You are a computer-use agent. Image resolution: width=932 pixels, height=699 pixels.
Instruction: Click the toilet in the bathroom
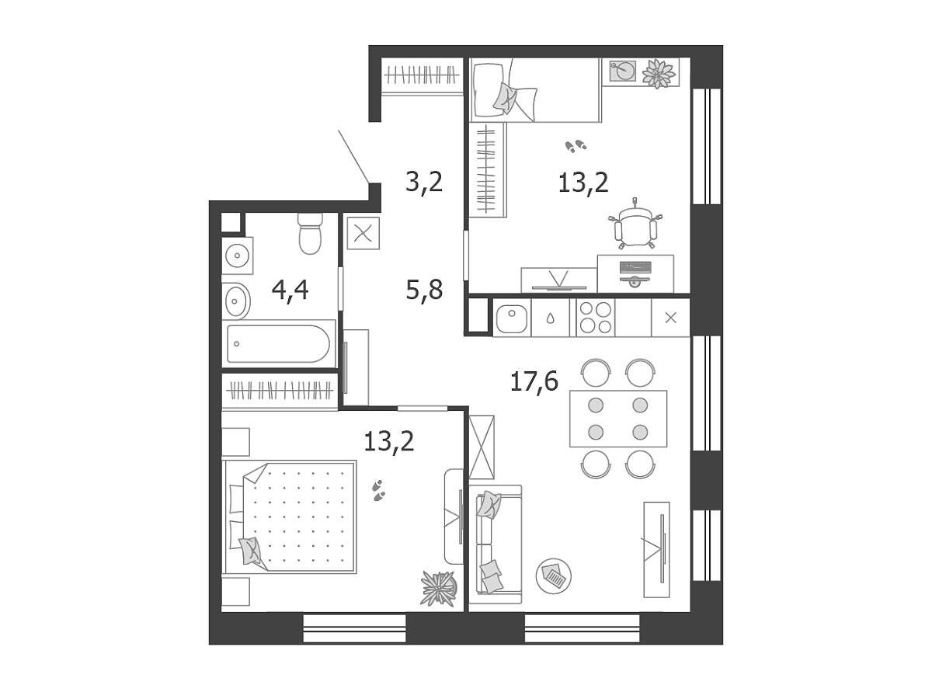point(310,233)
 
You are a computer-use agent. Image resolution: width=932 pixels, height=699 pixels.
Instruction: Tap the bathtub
point(279,343)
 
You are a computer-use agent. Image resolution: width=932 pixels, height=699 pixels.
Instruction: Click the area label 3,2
point(424,182)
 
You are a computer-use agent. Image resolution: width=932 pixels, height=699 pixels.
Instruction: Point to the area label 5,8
point(424,290)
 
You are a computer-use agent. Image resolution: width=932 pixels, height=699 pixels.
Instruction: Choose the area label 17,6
point(534,381)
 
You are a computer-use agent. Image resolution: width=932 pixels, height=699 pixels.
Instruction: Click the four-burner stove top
point(595,317)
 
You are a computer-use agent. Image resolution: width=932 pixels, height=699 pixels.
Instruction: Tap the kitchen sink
point(512,318)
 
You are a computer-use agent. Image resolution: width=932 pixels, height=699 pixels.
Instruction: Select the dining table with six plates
point(617,419)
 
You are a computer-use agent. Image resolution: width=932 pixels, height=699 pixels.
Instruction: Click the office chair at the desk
point(635,224)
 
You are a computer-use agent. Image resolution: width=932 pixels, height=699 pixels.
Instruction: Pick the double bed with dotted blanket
point(290,516)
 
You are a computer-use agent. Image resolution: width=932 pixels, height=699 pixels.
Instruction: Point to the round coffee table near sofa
point(553,576)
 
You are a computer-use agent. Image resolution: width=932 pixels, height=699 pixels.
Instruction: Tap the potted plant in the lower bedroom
point(439,588)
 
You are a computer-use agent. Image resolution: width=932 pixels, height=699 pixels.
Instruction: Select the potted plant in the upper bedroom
point(658,74)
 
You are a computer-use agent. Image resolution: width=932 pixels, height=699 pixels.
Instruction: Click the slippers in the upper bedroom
point(576,147)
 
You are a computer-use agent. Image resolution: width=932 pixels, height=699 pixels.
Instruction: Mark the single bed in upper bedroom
point(535,90)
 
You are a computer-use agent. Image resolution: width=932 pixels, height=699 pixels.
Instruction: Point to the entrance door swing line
point(353,157)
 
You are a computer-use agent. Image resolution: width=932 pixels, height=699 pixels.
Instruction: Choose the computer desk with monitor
point(635,273)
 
